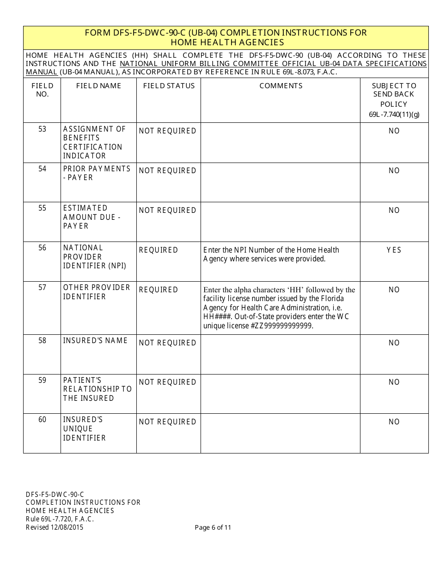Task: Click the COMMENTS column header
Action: tap(280, 86)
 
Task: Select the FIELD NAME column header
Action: tap(98, 86)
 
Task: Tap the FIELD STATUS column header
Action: tap(169, 86)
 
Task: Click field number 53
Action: tap(42, 129)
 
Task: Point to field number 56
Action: tap(42, 248)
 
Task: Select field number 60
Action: tap(42, 420)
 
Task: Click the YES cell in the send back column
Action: tap(394, 250)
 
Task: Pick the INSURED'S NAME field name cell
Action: tap(95, 341)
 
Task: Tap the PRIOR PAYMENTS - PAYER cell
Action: tap(97, 173)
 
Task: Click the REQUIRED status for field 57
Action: tap(159, 290)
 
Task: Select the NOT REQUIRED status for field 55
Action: tap(167, 211)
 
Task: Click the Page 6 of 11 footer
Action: tap(213, 527)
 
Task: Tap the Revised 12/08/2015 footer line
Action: tap(55, 527)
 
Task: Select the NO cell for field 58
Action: tap(394, 343)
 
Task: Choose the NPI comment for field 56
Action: tap(271, 254)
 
